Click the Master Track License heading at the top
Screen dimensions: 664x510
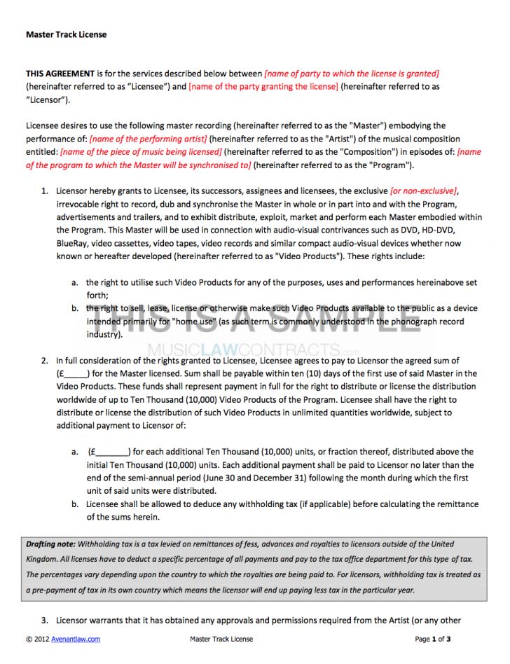click(x=66, y=34)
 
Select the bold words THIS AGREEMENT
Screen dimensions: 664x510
click(x=60, y=74)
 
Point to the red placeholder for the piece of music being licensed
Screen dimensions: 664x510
click(x=142, y=152)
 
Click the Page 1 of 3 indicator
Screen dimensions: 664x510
click(x=432, y=639)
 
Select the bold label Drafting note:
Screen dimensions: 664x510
click(x=50, y=544)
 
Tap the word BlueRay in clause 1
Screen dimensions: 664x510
click(x=71, y=243)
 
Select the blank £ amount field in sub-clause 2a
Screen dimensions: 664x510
click(x=109, y=452)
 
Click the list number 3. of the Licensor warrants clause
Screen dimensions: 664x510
click(x=44, y=621)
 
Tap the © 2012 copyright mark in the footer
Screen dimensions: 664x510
click(x=39, y=639)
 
